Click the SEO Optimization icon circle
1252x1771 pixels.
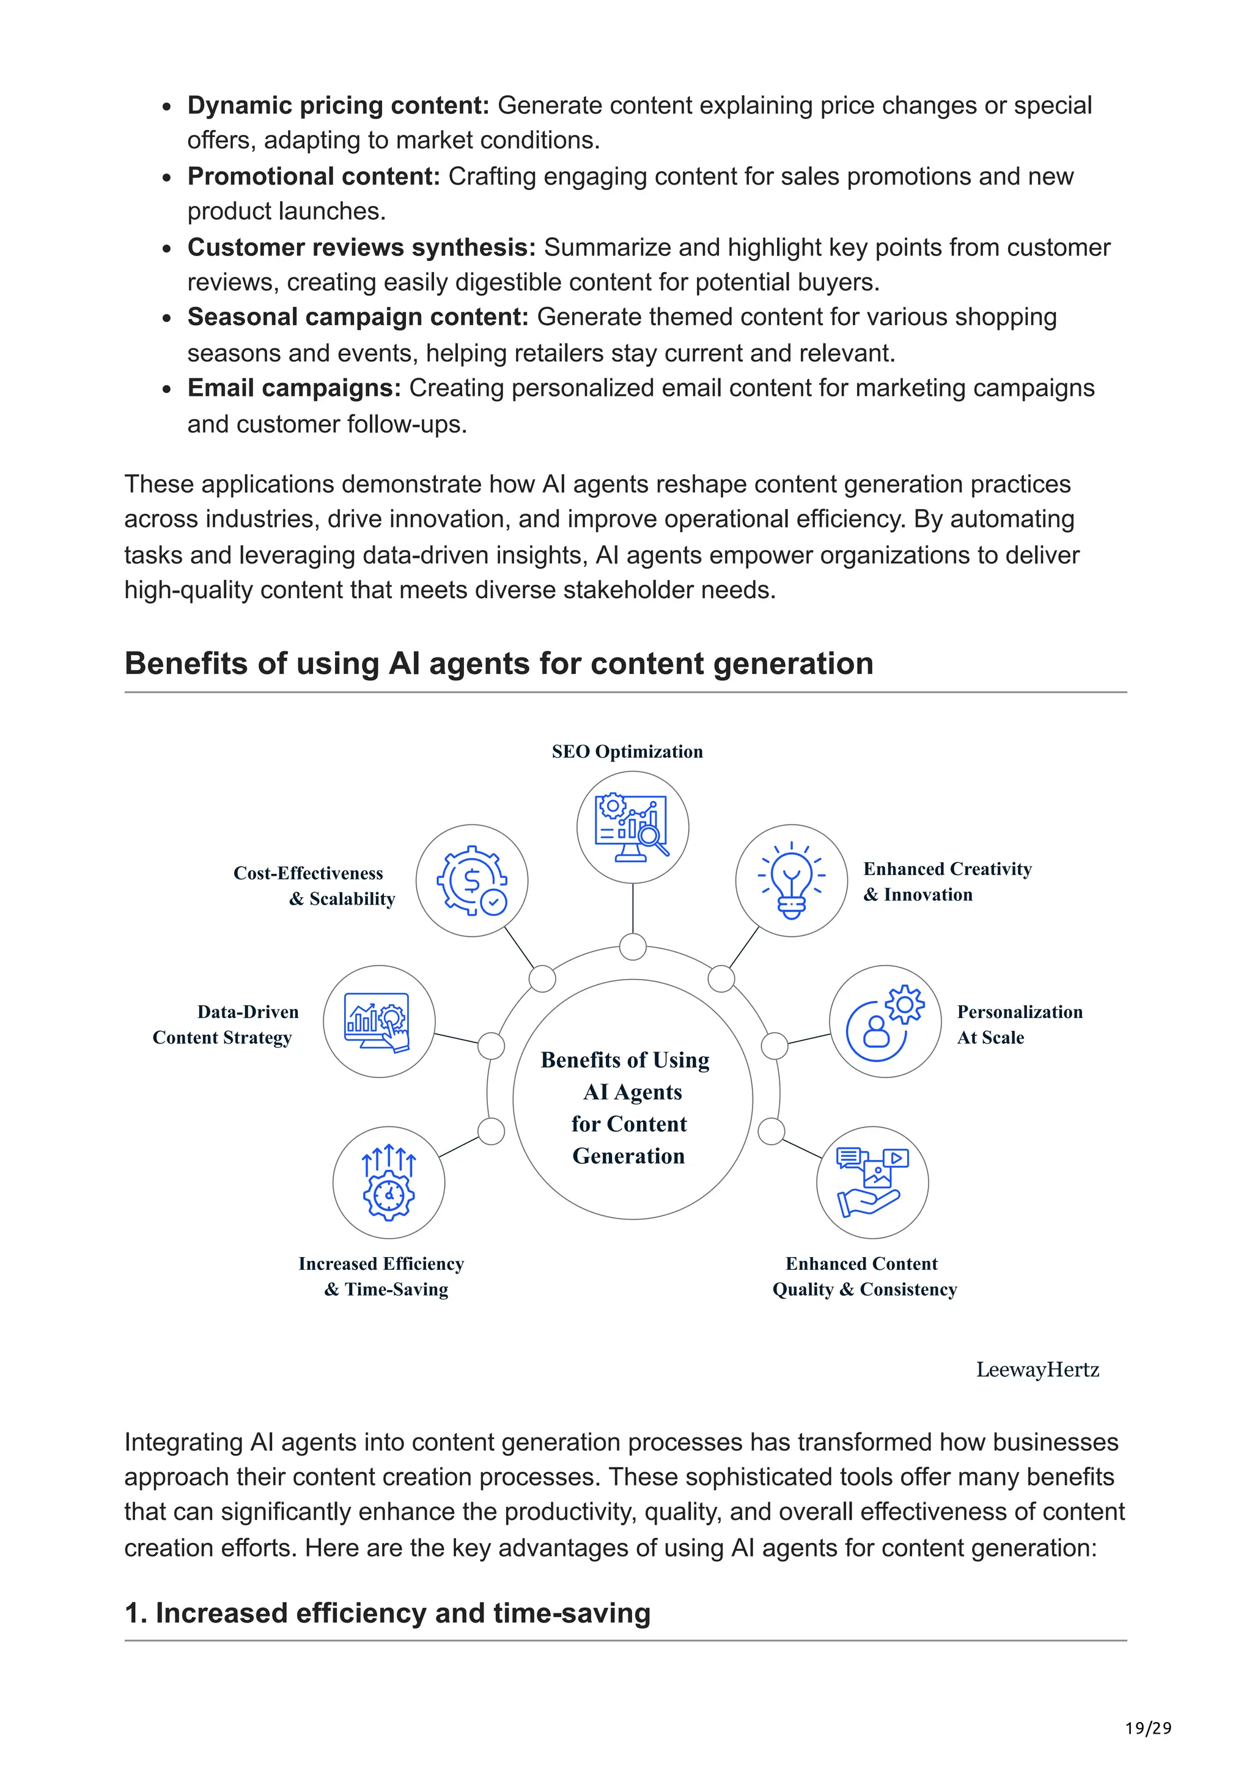coord(633,827)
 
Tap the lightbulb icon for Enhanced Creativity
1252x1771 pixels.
coord(792,881)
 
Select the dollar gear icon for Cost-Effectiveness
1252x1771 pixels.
coord(472,881)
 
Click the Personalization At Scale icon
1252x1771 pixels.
coord(886,1021)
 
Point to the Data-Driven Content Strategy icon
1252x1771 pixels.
coord(379,1021)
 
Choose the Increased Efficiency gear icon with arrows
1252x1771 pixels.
coord(389,1182)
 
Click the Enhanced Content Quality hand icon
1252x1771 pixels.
coord(872,1182)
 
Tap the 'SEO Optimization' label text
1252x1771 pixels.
coord(627,752)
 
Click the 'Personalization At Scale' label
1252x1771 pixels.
coord(1019,1024)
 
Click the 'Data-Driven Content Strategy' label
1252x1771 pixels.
coord(225,1024)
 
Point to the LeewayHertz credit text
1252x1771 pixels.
coord(1037,1370)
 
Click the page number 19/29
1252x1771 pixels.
coord(1148,1728)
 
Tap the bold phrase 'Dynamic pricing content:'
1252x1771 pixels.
coord(338,106)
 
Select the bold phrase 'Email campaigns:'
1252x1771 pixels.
coord(294,388)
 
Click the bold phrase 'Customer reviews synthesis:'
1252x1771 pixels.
coord(361,248)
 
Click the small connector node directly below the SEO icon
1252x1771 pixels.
coord(633,947)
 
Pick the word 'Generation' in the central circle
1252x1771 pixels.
coord(628,1156)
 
